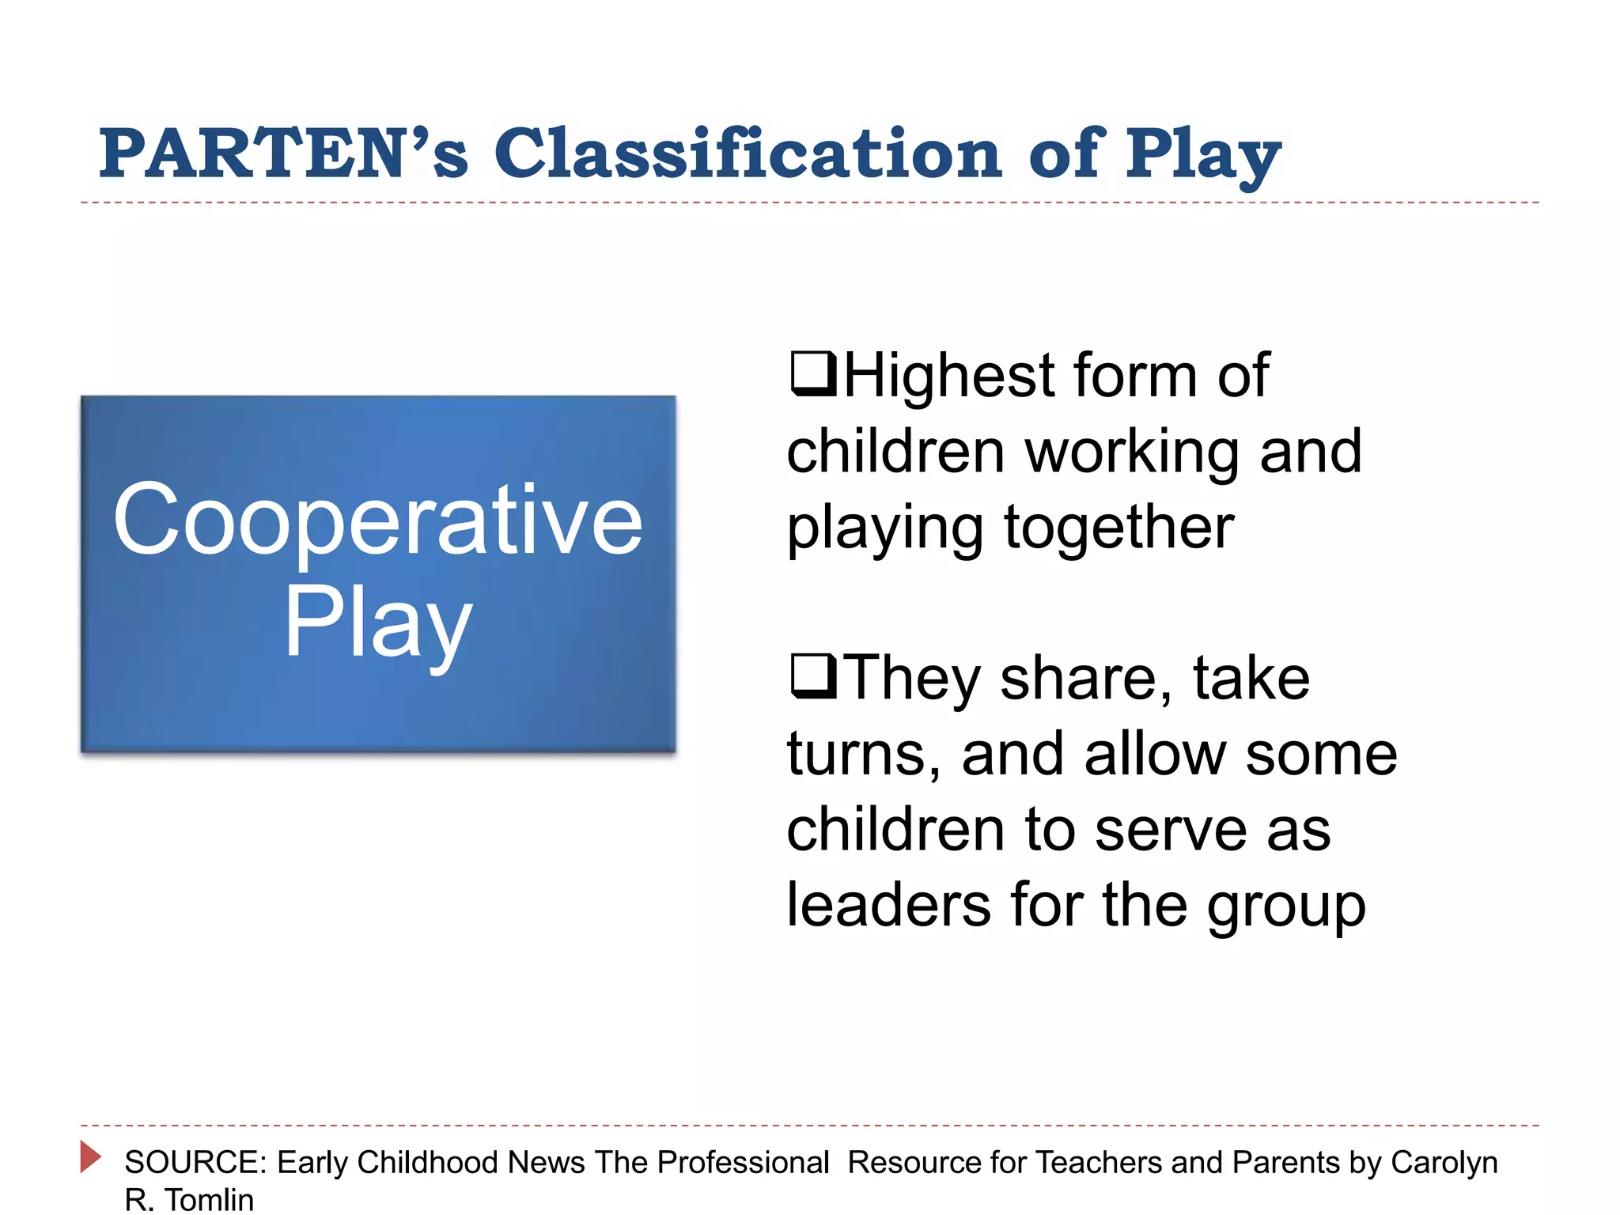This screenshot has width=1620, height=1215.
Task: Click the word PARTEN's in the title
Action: tap(283, 153)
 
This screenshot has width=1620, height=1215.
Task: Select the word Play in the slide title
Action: tap(1203, 155)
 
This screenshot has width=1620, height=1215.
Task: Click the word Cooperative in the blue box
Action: tap(377, 520)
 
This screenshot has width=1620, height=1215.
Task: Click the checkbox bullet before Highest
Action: tap(812, 374)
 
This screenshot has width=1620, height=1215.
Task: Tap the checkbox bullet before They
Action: tap(812, 676)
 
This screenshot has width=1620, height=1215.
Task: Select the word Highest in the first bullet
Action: tap(950, 376)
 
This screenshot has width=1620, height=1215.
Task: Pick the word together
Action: tap(1118, 528)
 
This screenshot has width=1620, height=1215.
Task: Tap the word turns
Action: tap(863, 754)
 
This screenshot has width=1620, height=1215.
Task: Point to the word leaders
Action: tap(888, 905)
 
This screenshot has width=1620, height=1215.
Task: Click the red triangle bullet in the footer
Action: tap(91, 1156)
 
